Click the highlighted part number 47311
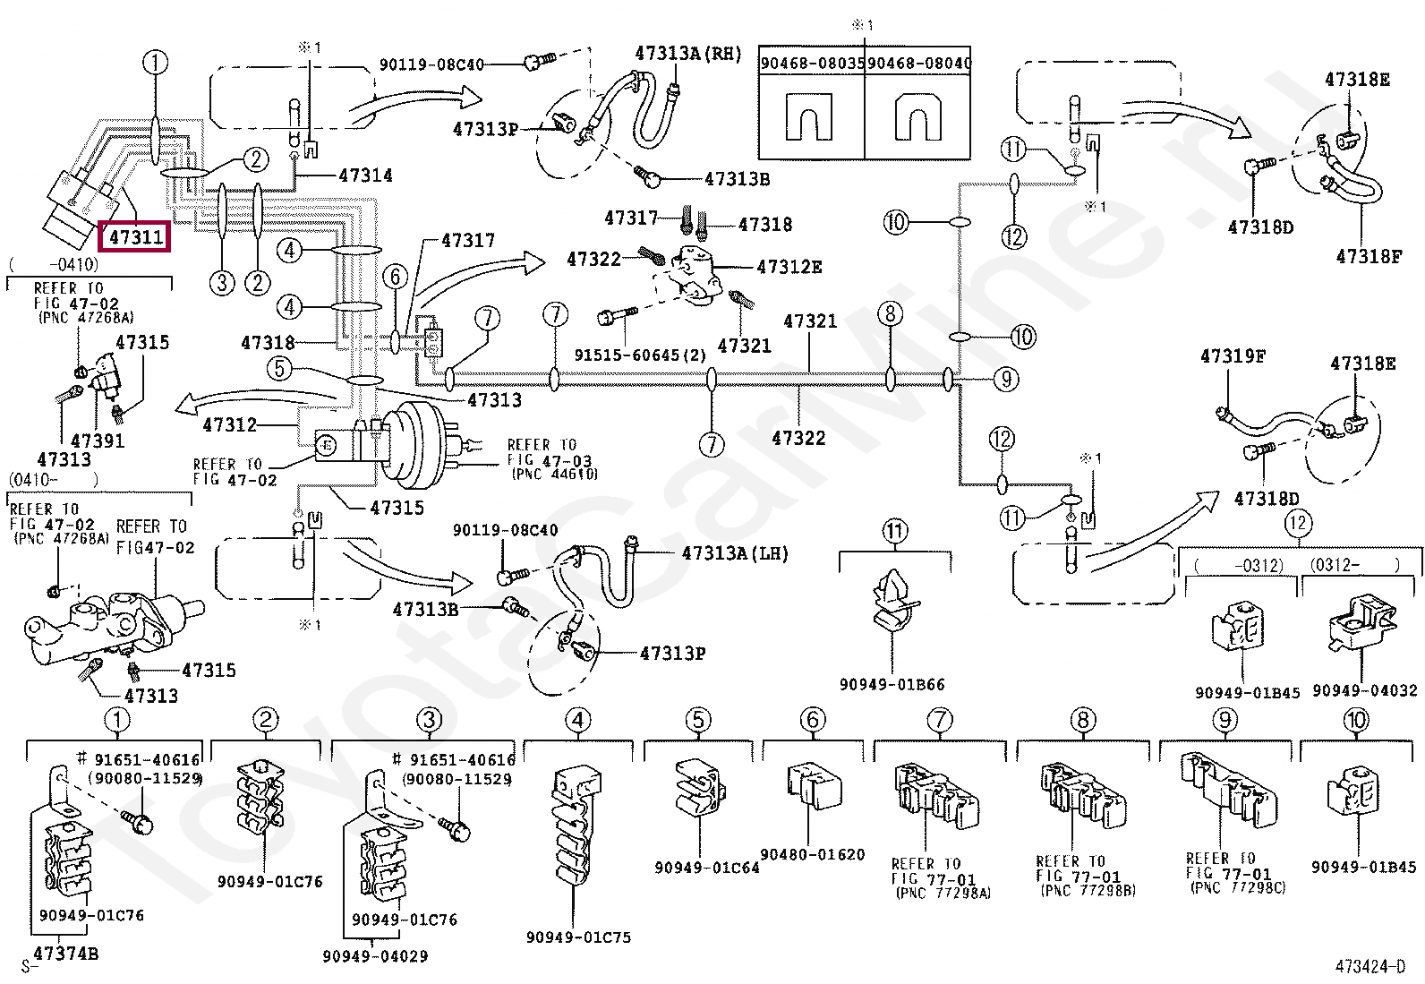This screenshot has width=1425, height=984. (x=135, y=237)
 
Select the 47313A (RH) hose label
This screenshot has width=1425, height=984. (x=687, y=54)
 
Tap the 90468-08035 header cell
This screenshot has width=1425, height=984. (x=812, y=63)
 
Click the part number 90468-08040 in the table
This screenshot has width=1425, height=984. (x=918, y=63)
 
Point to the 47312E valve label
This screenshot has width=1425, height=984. (x=789, y=267)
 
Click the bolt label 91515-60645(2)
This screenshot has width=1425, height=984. (x=640, y=355)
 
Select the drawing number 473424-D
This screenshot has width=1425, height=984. (x=1370, y=966)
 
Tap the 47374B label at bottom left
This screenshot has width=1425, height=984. (x=65, y=954)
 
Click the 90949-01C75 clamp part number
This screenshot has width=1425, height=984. (x=578, y=937)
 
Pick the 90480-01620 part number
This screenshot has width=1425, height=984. (x=812, y=854)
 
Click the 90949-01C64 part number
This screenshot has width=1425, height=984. (x=706, y=867)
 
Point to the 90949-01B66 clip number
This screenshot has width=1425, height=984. (x=892, y=684)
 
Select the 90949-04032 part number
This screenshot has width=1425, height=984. (x=1364, y=690)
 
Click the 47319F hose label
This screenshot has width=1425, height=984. (x=1233, y=356)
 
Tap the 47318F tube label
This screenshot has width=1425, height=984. (x=1369, y=257)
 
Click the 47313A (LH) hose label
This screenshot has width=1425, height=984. (x=734, y=553)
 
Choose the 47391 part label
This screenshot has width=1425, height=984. (x=98, y=441)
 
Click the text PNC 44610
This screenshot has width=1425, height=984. (x=554, y=475)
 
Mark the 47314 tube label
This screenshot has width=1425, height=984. (x=365, y=175)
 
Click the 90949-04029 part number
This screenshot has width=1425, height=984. (x=374, y=956)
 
